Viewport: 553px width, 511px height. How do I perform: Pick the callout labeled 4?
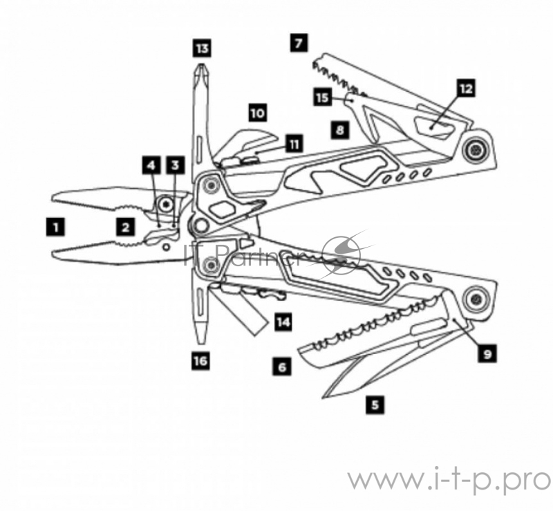tap(151, 165)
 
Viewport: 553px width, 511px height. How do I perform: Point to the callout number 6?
tap(281, 368)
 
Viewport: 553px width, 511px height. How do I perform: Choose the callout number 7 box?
tap(298, 43)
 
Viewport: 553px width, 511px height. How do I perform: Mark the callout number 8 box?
tap(339, 129)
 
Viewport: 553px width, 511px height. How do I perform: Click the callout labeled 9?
tap(487, 354)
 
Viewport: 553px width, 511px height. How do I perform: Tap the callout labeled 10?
tap(256, 112)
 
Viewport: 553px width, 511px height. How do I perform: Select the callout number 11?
tap(294, 144)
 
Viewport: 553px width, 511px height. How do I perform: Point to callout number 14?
tap(282, 322)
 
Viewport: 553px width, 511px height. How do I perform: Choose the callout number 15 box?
tap(322, 97)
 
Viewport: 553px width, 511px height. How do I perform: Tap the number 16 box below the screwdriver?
tap(200, 360)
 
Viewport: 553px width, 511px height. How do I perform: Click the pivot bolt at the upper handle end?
tap(475, 150)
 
